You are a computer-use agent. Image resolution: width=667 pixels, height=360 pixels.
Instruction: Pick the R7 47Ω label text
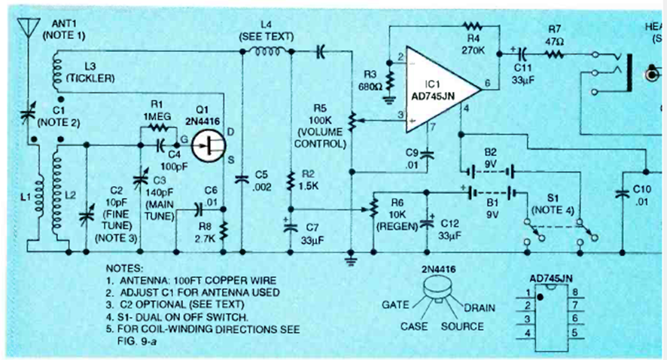(556, 35)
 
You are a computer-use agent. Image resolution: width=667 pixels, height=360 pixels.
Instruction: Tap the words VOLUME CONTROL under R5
(319, 138)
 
